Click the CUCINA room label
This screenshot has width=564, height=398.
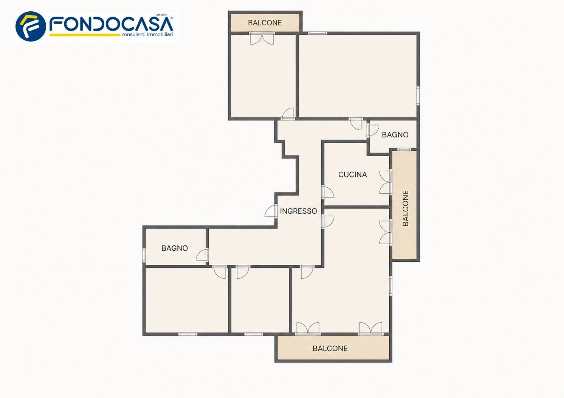352,174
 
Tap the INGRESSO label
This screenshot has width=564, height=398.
298,211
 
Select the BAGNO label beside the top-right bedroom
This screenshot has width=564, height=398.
395,135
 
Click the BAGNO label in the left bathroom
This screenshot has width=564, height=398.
175,248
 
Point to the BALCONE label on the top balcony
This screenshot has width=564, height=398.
265,23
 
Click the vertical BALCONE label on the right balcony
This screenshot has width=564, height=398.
405,208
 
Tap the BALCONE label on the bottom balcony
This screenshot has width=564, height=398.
330,349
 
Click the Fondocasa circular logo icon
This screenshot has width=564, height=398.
31,26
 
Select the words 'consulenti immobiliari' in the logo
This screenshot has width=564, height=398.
147,35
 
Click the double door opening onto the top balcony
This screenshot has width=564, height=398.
262,39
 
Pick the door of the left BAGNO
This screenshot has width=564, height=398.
202,255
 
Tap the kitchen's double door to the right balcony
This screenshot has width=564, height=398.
386,182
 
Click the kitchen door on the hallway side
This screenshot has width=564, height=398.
328,192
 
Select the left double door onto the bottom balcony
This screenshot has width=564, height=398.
308,329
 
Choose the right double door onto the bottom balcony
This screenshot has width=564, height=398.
370,329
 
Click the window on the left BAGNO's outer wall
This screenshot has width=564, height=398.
144,255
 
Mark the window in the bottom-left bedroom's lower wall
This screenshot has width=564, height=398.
188,334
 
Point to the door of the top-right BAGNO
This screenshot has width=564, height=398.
373,131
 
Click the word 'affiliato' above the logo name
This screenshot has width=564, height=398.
162,15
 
